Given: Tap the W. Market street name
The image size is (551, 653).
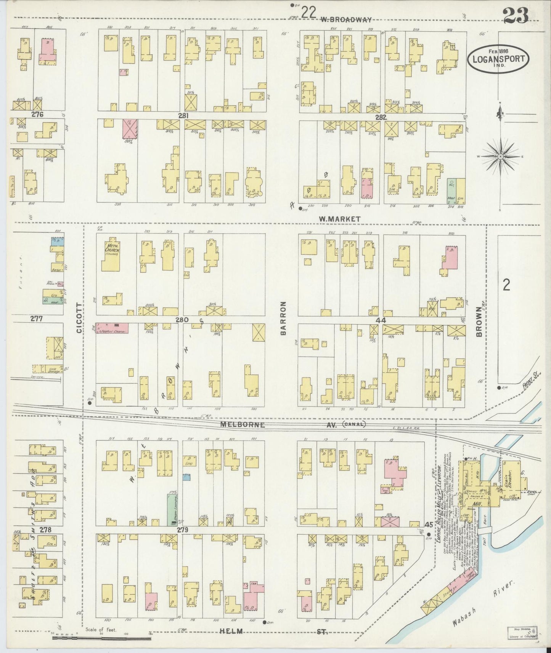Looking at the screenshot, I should [x=340, y=219].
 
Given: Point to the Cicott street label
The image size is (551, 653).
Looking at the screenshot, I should [x=79, y=318].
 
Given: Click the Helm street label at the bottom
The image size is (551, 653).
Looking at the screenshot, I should [x=231, y=631].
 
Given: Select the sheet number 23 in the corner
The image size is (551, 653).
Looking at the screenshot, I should [x=515, y=16].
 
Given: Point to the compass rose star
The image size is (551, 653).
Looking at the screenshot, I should [x=500, y=157].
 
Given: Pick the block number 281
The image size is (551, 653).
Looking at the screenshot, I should [x=183, y=115].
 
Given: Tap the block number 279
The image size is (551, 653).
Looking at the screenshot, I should [x=183, y=530].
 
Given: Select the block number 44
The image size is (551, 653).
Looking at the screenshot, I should [x=381, y=321].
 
